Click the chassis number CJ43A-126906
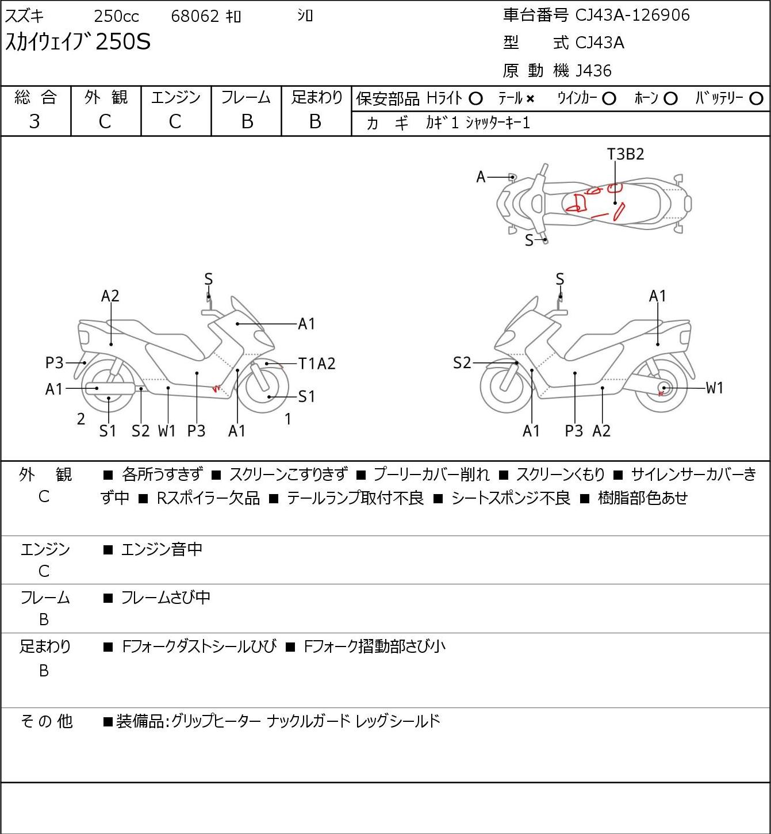(632, 16)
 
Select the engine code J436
(593, 71)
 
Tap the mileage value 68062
(195, 16)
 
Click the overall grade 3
(34, 122)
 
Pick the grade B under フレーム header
(247, 122)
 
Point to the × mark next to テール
(530, 99)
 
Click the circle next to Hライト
(475, 99)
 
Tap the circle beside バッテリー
(756, 99)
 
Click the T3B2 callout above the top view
(626, 154)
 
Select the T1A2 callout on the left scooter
(317, 364)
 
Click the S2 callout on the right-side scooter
(462, 362)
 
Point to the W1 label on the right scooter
(714, 388)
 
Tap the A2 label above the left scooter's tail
(110, 296)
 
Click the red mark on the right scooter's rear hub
(661, 393)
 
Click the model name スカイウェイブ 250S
(78, 42)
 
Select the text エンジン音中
(162, 549)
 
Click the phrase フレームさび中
(166, 598)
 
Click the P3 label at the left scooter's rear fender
(54, 362)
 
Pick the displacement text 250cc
(116, 16)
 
